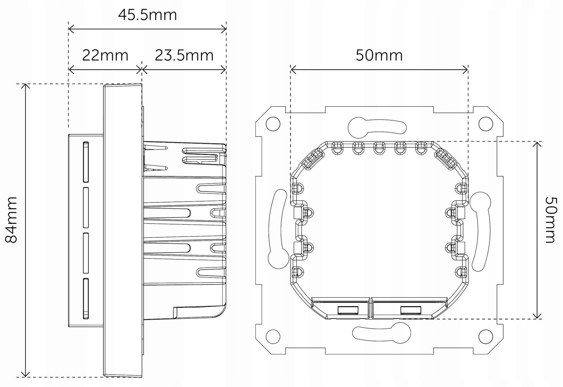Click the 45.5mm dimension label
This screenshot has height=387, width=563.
(x=147, y=15)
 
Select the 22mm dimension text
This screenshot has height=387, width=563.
(x=105, y=55)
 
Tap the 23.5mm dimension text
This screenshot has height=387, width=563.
(x=184, y=55)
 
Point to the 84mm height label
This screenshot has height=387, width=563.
(x=12, y=220)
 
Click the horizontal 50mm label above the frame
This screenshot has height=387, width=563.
(x=379, y=55)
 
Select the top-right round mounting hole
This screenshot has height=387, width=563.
(x=485, y=124)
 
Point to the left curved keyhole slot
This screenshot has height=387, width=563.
(x=278, y=229)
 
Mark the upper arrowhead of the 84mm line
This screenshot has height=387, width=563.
(x=25, y=86)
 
